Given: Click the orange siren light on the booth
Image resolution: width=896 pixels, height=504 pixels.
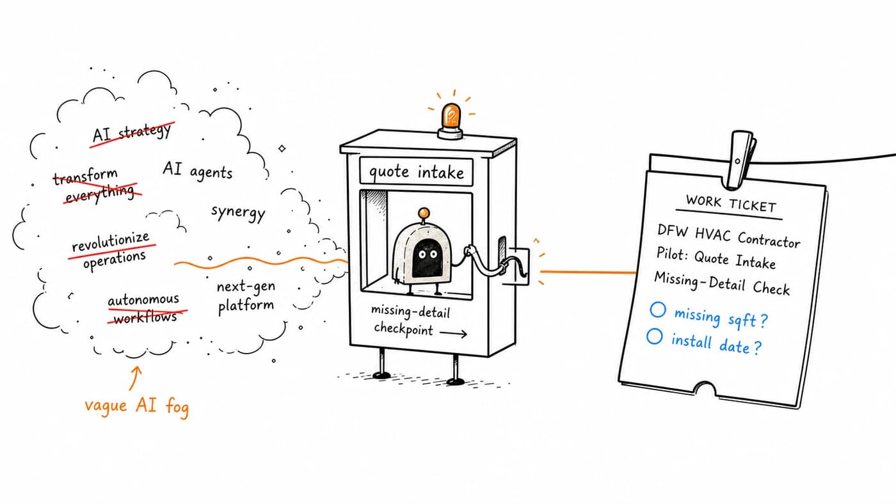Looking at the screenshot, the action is point(451,120).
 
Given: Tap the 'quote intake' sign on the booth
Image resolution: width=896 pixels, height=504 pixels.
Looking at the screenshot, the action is point(416,171).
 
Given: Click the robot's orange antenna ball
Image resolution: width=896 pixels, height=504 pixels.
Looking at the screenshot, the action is point(424,213).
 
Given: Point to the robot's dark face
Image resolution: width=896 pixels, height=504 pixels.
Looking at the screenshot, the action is point(427,259).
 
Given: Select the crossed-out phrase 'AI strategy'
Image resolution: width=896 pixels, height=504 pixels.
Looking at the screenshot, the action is point(132,133).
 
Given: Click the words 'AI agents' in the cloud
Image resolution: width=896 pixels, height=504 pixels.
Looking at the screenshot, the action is point(197,171).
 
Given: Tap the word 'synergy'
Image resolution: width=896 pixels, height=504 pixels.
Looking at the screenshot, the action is point(238,212).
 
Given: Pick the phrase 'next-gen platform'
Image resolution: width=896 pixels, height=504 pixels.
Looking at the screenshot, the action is point(246,296).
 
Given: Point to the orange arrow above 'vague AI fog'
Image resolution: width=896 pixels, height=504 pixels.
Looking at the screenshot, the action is point(135,378).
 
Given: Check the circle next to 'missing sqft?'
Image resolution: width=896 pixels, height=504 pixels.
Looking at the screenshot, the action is point(658,310).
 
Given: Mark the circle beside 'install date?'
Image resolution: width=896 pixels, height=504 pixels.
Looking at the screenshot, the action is point(654,336).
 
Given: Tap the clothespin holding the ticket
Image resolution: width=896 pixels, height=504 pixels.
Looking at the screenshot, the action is point(741,159).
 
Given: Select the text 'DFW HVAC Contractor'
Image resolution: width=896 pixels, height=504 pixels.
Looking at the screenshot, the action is point(728,236).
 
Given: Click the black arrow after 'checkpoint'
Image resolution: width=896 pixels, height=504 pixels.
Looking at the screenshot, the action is point(453,333).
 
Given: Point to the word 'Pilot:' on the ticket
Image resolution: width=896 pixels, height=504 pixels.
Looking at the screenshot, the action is point(671,254).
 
